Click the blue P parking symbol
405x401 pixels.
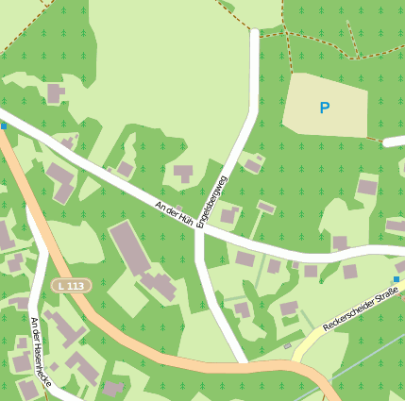pyautogui.click(x=325, y=109)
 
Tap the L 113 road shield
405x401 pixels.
pyautogui.click(x=71, y=286)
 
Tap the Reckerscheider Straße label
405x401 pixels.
pyautogui.click(x=360, y=310)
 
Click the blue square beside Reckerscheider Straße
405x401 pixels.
pyautogui.click(x=397, y=279)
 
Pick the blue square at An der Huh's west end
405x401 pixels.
pyautogui.click(x=3, y=125)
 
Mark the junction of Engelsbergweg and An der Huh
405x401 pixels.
pyautogui.click(x=197, y=230)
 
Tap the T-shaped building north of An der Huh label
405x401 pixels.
pyautogui.click(x=183, y=174)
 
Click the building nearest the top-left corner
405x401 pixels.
pyautogui.click(x=56, y=93)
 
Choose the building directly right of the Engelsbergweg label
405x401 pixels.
pyautogui.click(x=228, y=216)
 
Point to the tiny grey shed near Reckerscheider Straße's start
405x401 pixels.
pyautogui.click(x=288, y=345)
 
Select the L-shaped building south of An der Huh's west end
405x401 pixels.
pyautogui.click(x=62, y=180)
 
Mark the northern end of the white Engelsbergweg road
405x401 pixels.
pyautogui.click(x=254, y=33)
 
